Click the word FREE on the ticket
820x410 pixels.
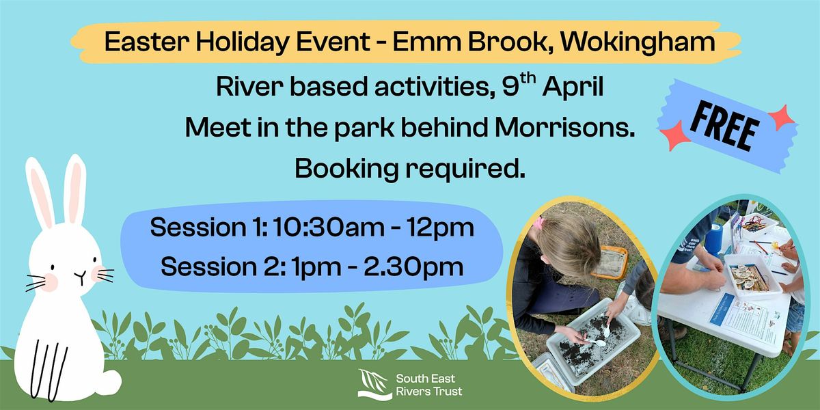tap(724, 127)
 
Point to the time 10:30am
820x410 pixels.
tap(329, 227)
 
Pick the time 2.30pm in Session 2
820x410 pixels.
tap(413, 266)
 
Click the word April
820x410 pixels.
tap(573, 87)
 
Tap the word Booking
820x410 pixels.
tap(346, 168)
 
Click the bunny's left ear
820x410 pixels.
tap(40, 192)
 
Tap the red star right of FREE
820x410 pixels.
tap(781, 117)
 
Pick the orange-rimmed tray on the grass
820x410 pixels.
tap(609, 261)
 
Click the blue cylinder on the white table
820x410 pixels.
tap(713, 239)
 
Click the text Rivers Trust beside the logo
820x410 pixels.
tap(428, 392)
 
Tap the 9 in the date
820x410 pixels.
tap(510, 88)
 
